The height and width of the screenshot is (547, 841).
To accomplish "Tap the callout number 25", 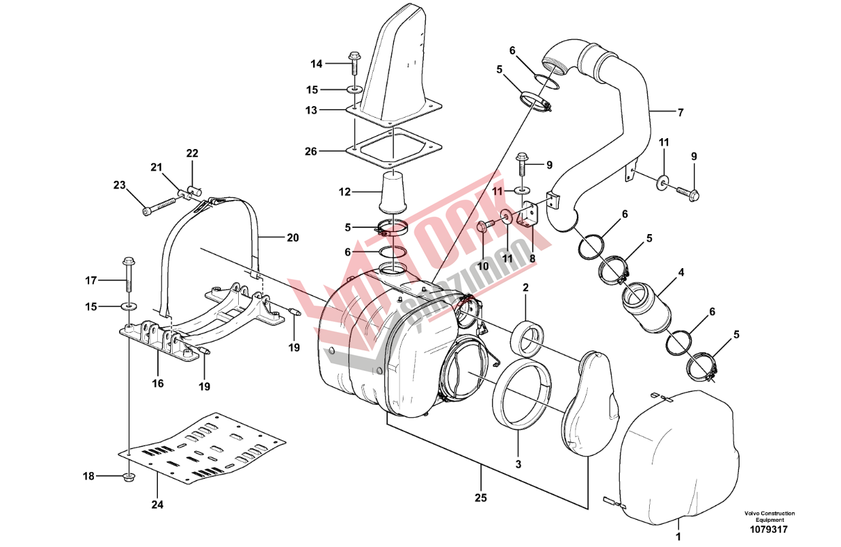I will click(480, 498).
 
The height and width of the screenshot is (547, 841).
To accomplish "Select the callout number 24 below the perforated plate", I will click(158, 504).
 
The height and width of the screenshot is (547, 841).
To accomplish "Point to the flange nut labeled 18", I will click(129, 478).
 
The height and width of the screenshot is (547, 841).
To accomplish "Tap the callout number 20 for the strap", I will click(293, 237).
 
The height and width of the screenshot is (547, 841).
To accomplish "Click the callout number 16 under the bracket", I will click(158, 384).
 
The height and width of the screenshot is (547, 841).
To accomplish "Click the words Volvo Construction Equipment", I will click(769, 516).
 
